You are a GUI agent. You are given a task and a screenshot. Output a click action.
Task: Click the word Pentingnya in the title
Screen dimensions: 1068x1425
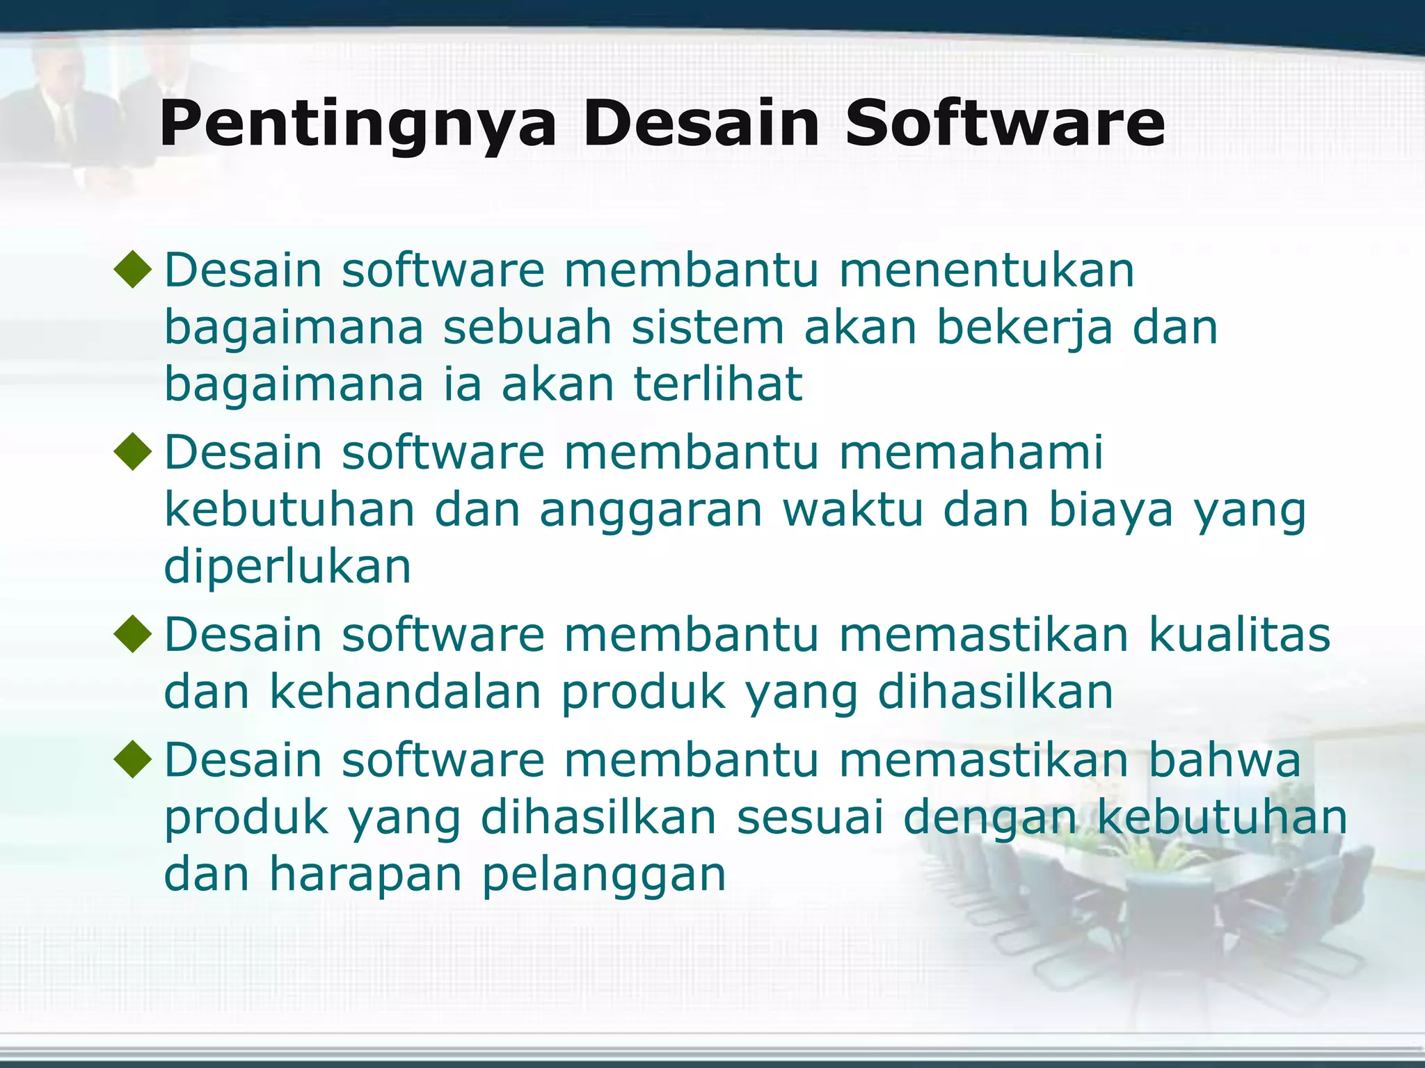(x=358, y=125)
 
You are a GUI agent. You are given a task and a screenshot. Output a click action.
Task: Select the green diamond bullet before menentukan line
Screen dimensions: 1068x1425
(x=133, y=270)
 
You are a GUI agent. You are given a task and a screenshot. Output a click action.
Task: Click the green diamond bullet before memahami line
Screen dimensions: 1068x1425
(x=133, y=453)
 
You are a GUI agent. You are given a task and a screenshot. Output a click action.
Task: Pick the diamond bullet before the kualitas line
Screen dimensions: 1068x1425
(x=133, y=635)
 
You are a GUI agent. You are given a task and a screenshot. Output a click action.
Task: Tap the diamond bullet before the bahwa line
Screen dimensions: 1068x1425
(x=133, y=759)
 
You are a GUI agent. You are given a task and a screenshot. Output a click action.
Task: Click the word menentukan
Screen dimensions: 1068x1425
(x=987, y=270)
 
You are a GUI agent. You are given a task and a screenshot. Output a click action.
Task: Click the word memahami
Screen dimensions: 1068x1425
(x=971, y=453)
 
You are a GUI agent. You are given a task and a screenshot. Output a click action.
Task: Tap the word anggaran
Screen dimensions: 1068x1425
(x=651, y=510)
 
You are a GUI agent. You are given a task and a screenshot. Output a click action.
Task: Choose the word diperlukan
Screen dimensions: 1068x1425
(x=287, y=567)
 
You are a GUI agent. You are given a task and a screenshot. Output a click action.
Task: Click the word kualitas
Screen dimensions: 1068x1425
(x=1239, y=635)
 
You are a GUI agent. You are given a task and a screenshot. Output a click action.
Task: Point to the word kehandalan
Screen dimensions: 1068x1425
(x=405, y=693)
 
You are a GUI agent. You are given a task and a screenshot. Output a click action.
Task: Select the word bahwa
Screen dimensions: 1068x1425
(x=1224, y=759)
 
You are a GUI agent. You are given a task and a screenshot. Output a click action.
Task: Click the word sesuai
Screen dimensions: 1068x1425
(x=810, y=818)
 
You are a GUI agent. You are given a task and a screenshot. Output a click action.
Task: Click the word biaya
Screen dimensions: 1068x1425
(x=1110, y=510)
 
